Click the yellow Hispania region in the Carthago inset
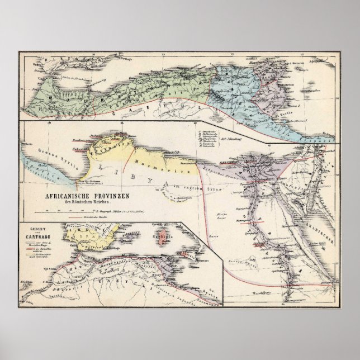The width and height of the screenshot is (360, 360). click(x=84, y=235)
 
